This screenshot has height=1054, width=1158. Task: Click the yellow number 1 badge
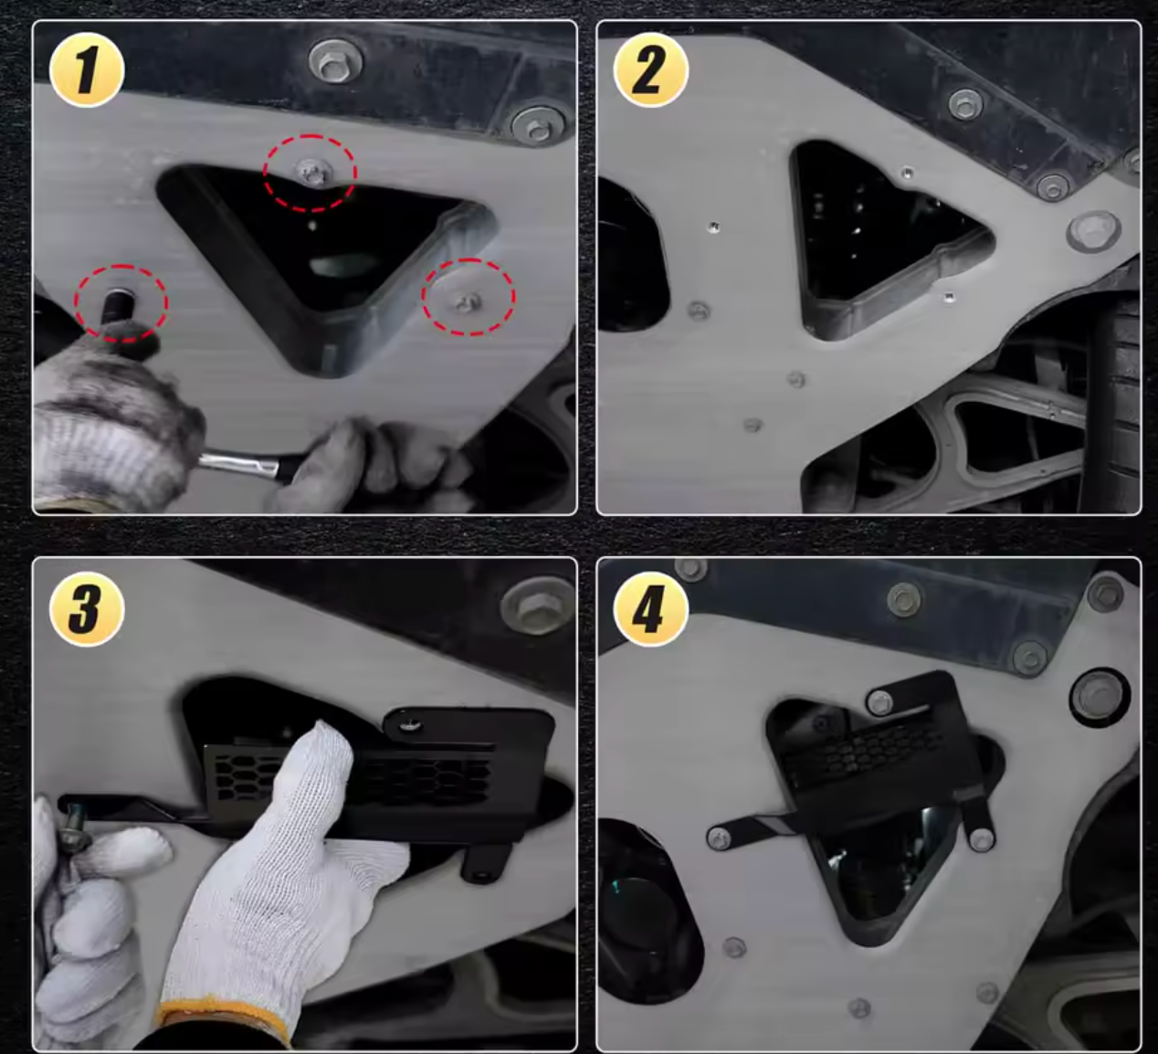tap(87, 70)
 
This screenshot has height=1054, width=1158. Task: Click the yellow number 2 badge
tap(650, 70)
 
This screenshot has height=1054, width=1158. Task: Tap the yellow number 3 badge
tap(87, 608)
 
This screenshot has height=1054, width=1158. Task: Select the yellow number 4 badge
tap(650, 608)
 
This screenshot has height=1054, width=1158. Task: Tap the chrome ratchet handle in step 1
tap(242, 462)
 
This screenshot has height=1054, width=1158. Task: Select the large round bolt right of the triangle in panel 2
tap(1093, 231)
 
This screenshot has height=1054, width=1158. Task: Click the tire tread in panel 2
tap(1117, 405)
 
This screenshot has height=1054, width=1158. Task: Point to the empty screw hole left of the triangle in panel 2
tap(714, 227)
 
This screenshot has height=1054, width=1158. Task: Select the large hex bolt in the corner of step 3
tap(537, 605)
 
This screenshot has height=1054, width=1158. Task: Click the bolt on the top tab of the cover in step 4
tap(880, 703)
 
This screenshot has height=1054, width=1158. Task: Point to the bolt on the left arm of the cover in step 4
tap(719, 838)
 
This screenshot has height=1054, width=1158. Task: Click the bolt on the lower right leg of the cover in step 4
tap(982, 839)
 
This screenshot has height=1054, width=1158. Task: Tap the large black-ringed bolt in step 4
tap(1100, 697)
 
